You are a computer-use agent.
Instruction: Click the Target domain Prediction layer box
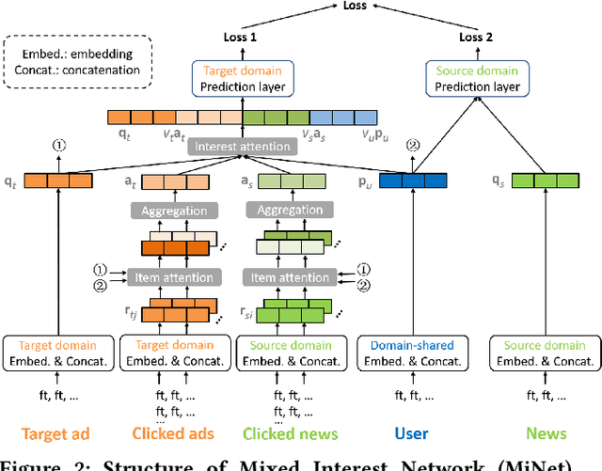pyautogui.click(x=242, y=78)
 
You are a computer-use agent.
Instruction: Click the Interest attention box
pyautogui.click(x=242, y=147)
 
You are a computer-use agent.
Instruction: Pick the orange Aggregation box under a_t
pyautogui.click(x=174, y=211)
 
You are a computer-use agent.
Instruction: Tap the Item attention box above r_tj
pyautogui.click(x=174, y=277)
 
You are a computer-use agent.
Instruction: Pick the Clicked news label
pyautogui.click(x=286, y=433)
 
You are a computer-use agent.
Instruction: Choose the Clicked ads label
pyautogui.click(x=174, y=433)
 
